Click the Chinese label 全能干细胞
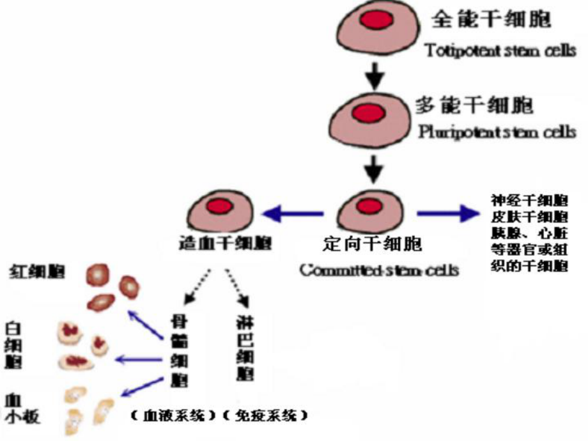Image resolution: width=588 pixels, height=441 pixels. click(491, 20)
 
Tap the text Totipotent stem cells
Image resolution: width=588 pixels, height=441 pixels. click(500, 50)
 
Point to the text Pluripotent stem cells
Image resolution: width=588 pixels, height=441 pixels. click(497, 133)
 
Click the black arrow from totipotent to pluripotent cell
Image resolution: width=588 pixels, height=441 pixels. click(373, 75)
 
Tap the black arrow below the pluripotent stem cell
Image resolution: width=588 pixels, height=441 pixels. click(373, 169)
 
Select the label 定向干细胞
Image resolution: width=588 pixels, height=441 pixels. click(373, 244)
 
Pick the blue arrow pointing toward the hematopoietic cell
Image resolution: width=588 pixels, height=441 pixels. click(294, 213)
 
